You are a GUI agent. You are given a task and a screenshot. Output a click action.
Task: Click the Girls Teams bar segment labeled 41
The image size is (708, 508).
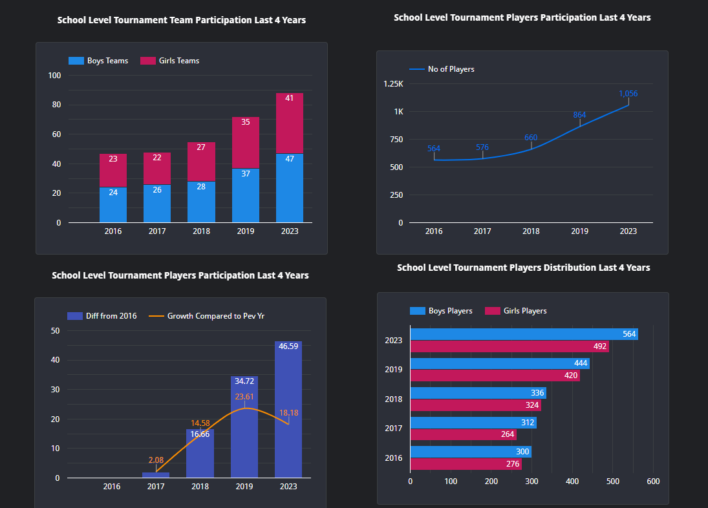289,123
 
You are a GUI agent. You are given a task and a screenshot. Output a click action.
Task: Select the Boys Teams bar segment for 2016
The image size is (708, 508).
113,205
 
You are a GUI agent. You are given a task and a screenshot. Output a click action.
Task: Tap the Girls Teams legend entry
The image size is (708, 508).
170,61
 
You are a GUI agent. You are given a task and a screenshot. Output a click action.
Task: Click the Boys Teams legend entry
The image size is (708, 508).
99,61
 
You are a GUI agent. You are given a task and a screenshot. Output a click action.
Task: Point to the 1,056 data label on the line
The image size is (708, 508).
627,94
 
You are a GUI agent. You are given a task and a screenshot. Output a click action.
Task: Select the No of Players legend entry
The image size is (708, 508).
442,69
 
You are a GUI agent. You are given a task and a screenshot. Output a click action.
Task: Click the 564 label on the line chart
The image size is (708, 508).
433,149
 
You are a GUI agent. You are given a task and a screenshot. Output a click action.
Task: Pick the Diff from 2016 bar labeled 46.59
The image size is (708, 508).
288,410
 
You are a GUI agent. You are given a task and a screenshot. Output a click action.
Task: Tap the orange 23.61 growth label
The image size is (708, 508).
244,397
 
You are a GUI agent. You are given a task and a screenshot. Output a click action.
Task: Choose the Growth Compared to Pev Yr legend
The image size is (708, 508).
207,316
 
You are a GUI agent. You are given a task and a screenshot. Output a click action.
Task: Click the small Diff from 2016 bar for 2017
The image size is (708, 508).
156,475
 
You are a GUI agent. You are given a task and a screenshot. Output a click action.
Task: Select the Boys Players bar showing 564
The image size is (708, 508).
524,334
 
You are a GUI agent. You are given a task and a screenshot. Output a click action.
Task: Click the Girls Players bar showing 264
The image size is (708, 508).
463,434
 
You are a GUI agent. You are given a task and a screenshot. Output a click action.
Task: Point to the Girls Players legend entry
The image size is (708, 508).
517,311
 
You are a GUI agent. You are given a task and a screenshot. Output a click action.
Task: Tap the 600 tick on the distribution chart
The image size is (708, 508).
653,482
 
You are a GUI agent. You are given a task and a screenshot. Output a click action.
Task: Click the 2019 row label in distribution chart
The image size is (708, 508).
393,370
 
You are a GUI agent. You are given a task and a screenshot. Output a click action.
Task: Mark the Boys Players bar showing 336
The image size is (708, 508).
478,393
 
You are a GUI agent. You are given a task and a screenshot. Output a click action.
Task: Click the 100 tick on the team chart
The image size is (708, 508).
55,76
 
